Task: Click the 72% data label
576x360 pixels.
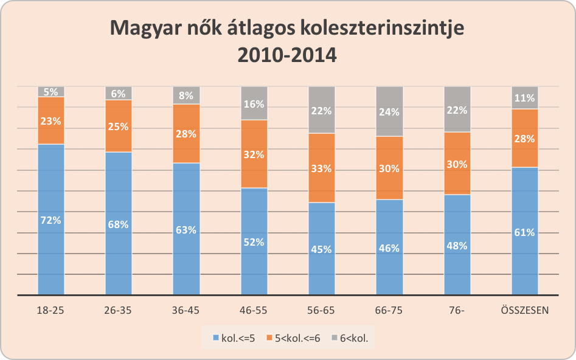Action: [x=51, y=220]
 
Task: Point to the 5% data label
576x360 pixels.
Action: [x=51, y=92]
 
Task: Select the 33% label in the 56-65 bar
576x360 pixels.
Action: [x=321, y=168]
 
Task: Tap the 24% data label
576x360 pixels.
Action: [x=389, y=112]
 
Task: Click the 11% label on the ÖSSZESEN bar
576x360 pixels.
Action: [x=525, y=98]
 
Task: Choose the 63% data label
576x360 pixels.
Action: [x=186, y=230]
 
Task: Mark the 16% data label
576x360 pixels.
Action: [x=254, y=104]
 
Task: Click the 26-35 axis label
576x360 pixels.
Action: [x=119, y=310]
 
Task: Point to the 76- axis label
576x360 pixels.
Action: [x=457, y=310]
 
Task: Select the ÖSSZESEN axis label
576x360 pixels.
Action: [x=525, y=310]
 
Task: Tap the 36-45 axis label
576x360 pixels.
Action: [x=186, y=310]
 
